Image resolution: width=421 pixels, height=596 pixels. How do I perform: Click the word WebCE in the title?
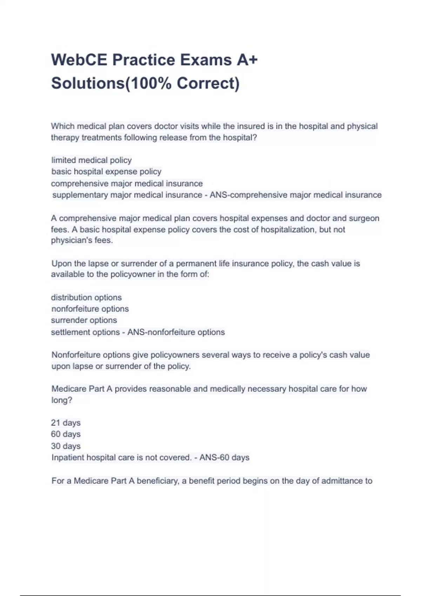(x=79, y=60)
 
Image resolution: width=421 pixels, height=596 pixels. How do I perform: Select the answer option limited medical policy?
(x=92, y=160)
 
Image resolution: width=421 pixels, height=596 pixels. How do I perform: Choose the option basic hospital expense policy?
(x=106, y=171)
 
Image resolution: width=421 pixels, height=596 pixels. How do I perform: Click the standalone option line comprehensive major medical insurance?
(x=127, y=183)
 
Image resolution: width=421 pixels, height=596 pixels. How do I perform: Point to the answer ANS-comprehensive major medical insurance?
(x=295, y=195)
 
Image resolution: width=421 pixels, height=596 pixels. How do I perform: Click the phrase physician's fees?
(x=82, y=241)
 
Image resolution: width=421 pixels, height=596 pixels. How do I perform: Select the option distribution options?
(x=86, y=297)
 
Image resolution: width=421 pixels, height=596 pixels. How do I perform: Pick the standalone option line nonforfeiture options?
(x=90, y=309)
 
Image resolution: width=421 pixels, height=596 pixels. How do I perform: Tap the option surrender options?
(x=84, y=320)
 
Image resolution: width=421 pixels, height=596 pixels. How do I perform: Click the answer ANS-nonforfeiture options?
(x=176, y=332)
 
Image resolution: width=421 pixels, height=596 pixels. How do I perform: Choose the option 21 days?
(x=66, y=423)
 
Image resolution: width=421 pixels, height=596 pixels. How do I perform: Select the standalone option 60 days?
(x=66, y=434)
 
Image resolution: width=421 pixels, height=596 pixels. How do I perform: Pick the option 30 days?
(x=66, y=446)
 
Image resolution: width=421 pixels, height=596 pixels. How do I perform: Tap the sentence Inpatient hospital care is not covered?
(x=121, y=458)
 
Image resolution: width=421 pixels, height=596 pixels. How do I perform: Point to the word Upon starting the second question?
(x=61, y=264)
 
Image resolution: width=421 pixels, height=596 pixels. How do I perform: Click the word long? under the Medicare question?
(x=62, y=400)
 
